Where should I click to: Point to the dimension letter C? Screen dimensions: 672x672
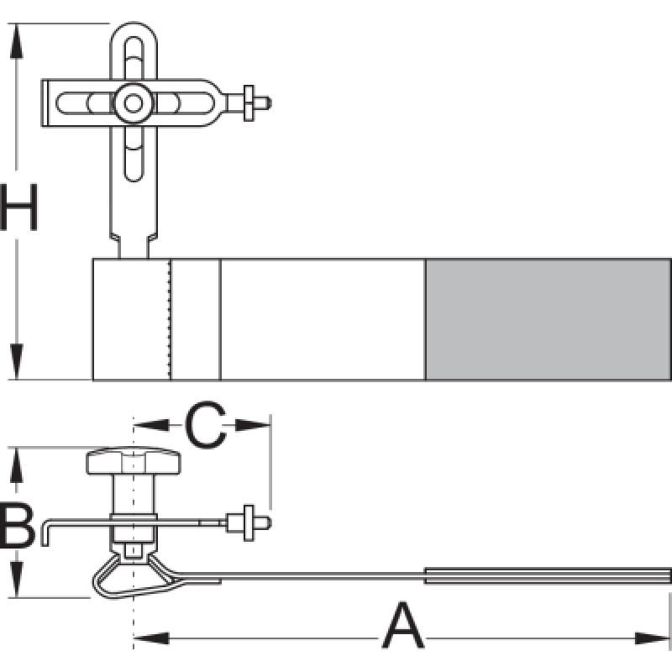[205, 425]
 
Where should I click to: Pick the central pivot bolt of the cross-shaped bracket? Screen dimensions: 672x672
[132, 103]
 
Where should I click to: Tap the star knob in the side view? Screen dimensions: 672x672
[133, 460]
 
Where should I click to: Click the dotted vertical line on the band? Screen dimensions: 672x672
[171, 319]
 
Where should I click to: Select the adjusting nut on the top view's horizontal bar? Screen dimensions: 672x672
[249, 102]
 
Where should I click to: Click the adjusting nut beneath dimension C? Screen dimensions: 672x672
[249, 522]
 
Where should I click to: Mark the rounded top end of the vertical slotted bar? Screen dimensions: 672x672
[132, 29]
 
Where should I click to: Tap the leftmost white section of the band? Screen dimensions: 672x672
[131, 319]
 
